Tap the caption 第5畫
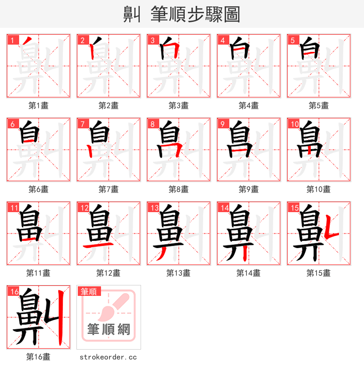pos(318,106)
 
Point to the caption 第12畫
pos(108,273)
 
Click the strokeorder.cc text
pos(108,357)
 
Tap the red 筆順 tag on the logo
pos(89,291)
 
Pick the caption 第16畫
pos(38,357)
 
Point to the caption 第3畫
pos(178,106)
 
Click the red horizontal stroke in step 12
pos(97,245)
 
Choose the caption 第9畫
pos(248,189)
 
